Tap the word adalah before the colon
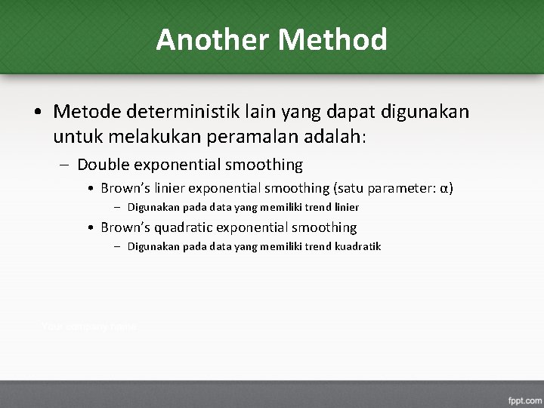pos(330,138)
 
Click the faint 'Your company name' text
pos(89,326)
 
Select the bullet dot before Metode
pos(37,113)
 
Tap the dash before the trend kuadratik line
pos(119,247)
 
